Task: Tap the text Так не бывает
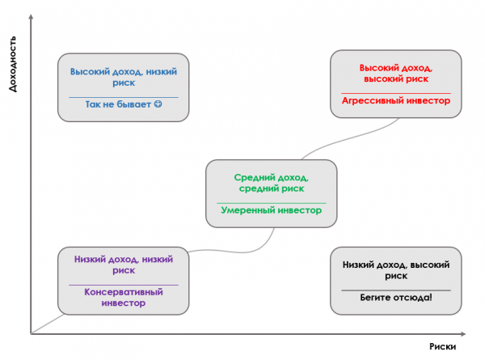(116, 106)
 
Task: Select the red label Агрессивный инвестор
(395, 102)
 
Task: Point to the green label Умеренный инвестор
(271, 210)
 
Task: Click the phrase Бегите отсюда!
(395, 298)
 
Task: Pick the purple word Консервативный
(124, 291)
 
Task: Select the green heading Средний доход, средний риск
(271, 183)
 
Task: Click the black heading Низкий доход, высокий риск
(395, 269)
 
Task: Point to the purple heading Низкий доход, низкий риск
(124, 265)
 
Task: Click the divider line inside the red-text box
(395, 91)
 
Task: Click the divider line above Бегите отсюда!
(395, 288)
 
